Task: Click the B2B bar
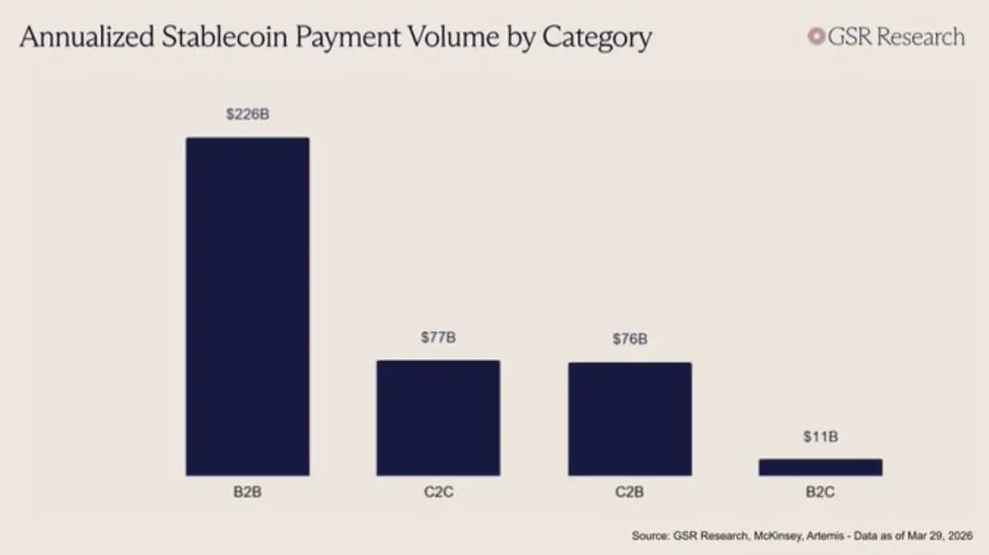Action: tap(247, 306)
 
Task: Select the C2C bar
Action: tap(438, 418)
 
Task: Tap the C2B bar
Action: tap(629, 418)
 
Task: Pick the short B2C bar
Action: tap(821, 467)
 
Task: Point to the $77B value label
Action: tap(438, 338)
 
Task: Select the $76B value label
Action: tap(629, 340)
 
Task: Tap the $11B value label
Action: tap(821, 436)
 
